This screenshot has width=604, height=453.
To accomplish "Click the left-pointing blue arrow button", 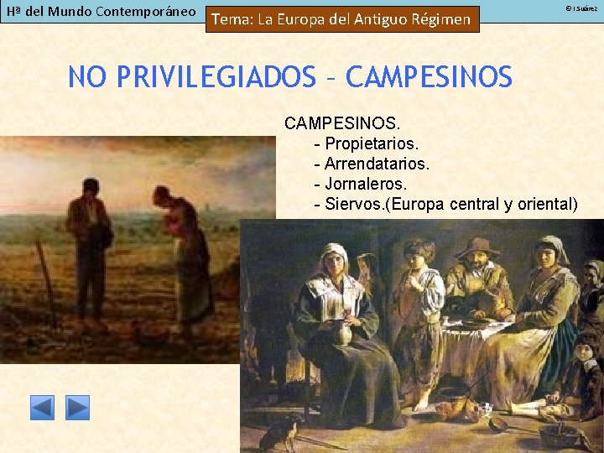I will click(x=42, y=408).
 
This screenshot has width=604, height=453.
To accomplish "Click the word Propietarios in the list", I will click(x=368, y=143).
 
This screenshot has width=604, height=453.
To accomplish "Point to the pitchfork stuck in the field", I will click(x=46, y=285).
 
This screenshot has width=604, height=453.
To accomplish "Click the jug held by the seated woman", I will click(x=344, y=336).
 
